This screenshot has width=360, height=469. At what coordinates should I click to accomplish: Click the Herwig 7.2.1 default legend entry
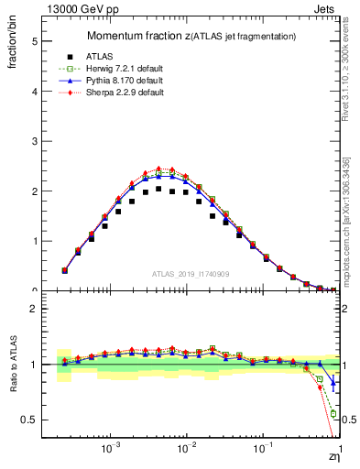pos(119,69)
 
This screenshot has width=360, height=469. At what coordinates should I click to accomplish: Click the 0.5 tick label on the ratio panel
pos(33,420)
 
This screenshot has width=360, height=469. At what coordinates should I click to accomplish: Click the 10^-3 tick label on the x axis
pos(111,450)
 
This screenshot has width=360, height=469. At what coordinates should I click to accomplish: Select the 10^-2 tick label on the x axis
pos(187,450)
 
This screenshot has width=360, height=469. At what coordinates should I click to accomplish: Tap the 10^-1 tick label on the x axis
pos(263,450)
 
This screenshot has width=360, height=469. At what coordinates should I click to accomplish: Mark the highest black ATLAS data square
pos(158,189)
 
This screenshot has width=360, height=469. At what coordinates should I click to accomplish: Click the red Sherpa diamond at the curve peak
pos(158,169)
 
